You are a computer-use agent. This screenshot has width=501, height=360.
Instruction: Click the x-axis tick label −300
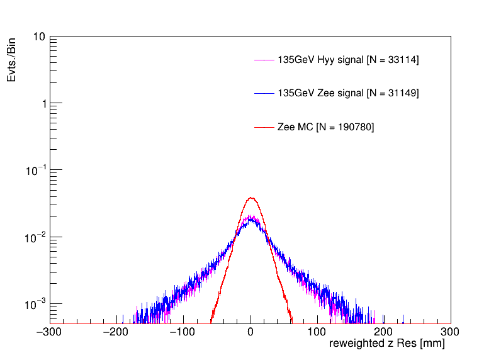50,331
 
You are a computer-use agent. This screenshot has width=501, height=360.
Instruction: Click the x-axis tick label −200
117,331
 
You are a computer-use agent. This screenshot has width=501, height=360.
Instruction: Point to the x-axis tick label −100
184,331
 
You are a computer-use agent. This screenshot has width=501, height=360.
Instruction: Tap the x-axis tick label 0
251,331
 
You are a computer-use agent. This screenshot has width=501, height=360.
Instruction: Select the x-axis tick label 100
317,331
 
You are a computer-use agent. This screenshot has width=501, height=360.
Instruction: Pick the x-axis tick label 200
384,331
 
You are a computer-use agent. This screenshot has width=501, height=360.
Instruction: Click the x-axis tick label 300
451,331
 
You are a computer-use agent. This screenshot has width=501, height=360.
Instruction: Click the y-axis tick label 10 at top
38,37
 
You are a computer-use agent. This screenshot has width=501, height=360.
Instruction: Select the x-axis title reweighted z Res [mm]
387,345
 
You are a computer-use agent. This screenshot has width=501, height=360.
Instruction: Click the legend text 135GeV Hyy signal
348,60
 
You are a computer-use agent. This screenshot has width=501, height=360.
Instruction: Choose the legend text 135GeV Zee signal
348,93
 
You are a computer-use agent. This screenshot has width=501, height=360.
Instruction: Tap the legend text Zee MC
325,127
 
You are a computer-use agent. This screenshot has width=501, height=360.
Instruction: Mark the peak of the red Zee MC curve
251,198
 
